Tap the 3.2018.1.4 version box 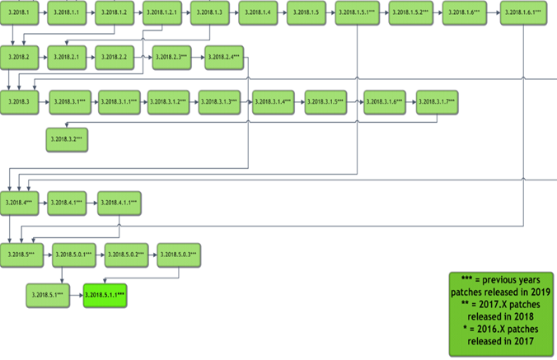[258, 14]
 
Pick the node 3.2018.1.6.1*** [524, 14]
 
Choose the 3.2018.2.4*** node [223, 57]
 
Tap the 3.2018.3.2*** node [67, 140]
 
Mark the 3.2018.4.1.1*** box [120, 202]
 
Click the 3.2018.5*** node [20, 255]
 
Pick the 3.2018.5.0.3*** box [179, 255]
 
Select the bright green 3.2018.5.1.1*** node [105, 295]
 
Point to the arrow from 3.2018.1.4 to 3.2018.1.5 [283, 14]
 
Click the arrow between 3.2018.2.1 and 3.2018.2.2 [91, 57]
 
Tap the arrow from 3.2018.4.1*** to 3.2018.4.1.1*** [92, 202]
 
